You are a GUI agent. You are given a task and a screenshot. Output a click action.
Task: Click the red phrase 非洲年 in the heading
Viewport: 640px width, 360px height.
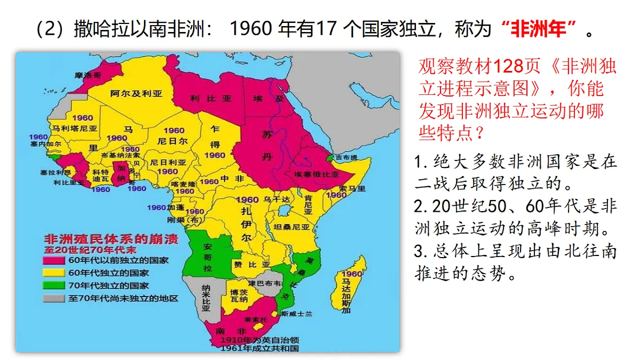pyautogui.click(x=544, y=29)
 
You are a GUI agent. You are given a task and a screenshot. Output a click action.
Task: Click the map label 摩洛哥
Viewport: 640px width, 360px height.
pyautogui.click(x=88, y=76)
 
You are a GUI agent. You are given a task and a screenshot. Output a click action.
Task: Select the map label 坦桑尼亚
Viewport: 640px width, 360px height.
pyautogui.click(x=291, y=226)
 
